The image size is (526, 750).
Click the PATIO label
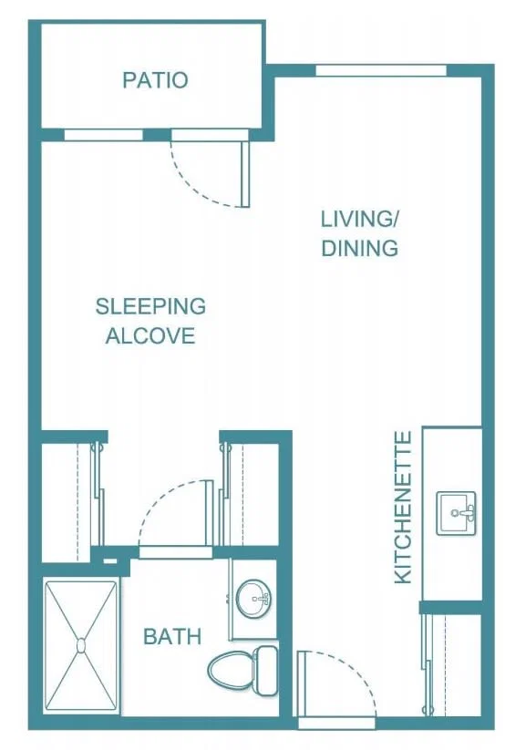click(155, 80)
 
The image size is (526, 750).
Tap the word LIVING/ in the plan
click(359, 219)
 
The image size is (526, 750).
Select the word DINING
click(359, 248)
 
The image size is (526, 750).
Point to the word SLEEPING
click(150, 306)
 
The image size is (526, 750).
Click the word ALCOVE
click(150, 335)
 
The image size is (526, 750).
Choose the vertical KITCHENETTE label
click(403, 507)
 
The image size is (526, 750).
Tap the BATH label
click(172, 637)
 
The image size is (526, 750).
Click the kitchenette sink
click(456, 513)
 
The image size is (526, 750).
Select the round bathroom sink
click(253, 599)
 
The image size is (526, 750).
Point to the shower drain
click(81, 646)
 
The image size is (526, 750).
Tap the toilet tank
click(266, 671)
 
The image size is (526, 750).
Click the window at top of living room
click(381, 71)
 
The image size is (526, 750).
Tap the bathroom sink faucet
click(262, 599)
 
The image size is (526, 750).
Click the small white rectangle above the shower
click(110, 561)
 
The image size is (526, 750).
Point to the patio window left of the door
click(103, 136)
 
